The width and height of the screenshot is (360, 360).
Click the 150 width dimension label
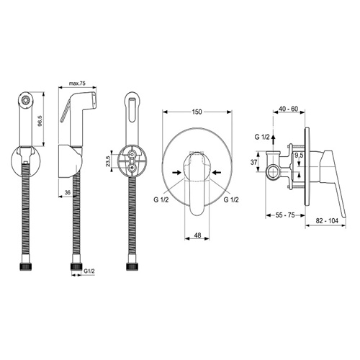(197, 112)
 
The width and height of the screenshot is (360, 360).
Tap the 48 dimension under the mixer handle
(197, 235)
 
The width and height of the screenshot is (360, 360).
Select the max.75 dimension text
(77, 84)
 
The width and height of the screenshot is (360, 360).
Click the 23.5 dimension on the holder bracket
(108, 161)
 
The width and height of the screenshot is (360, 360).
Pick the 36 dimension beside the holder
(68, 192)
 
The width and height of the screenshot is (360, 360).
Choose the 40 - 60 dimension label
(289, 109)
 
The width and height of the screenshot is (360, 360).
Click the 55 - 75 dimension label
(285, 215)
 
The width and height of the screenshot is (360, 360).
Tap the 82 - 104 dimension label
(327, 221)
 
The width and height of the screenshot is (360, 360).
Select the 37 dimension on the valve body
(253, 162)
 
